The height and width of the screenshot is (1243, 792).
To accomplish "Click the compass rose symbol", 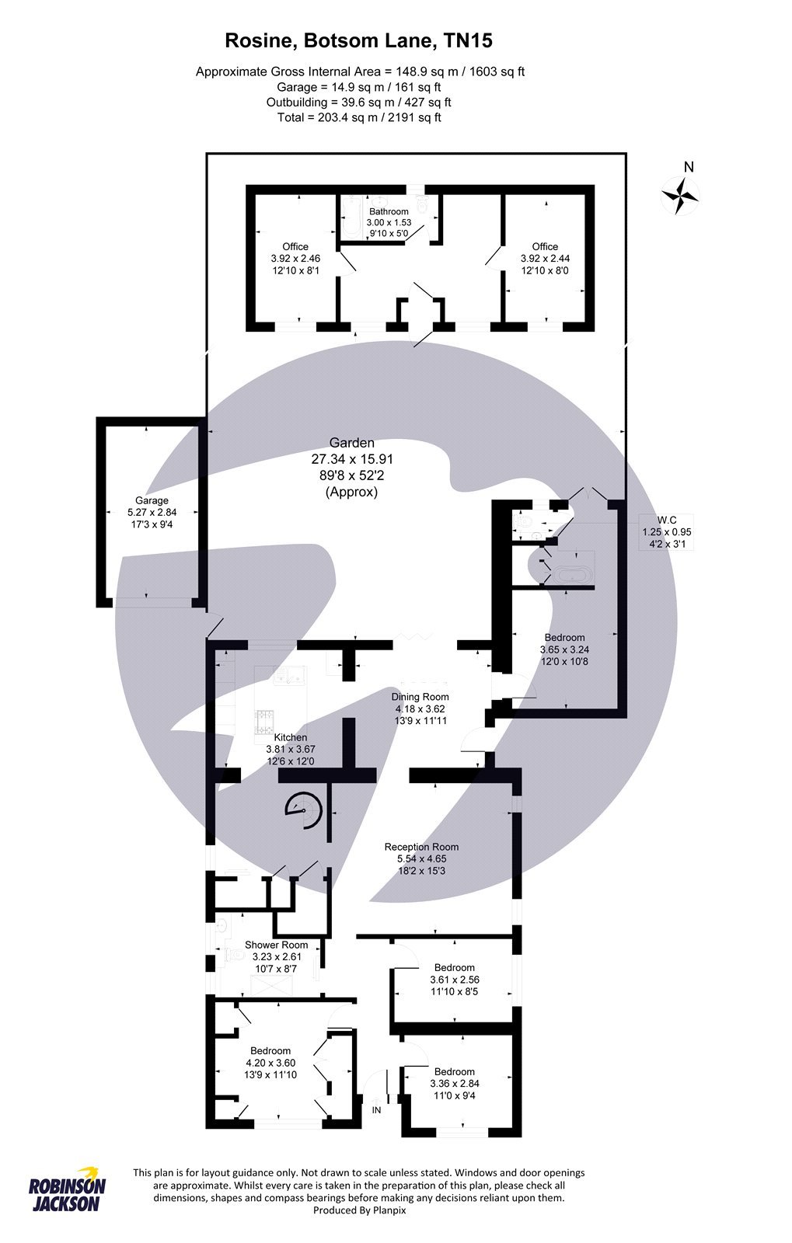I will pyautogui.click(x=679, y=195).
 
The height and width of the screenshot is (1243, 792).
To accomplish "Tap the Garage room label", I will pyautogui.click(x=152, y=501).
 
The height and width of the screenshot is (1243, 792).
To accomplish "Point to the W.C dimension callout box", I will pyautogui.click(x=666, y=531).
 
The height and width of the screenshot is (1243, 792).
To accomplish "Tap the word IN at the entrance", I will pyautogui.click(x=376, y=1110).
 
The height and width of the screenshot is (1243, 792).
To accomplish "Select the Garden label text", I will pyautogui.click(x=351, y=443).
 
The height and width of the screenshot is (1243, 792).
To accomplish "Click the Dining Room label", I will pyautogui.click(x=420, y=697).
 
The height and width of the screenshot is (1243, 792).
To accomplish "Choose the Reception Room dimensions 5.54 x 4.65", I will pyautogui.click(x=421, y=859).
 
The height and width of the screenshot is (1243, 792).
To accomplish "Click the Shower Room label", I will pyautogui.click(x=276, y=945).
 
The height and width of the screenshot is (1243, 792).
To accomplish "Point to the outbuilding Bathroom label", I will pyautogui.click(x=388, y=211).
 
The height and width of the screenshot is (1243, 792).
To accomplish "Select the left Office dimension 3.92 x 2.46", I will pyautogui.click(x=295, y=259).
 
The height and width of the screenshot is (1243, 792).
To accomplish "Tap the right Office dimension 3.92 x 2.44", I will pyautogui.click(x=545, y=259).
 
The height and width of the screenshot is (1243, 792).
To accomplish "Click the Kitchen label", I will pyautogui.click(x=290, y=737).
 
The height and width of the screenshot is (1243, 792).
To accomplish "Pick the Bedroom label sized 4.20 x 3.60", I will pyautogui.click(x=270, y=1050).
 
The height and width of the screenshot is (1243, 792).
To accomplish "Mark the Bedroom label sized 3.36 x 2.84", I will pyautogui.click(x=454, y=1071).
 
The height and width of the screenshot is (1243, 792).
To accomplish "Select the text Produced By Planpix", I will pyautogui.click(x=358, y=1210).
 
